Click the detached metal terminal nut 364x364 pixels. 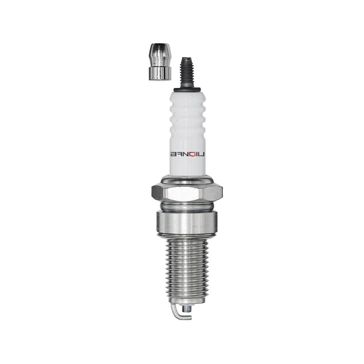(160, 62)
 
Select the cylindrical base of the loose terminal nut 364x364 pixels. (160, 73)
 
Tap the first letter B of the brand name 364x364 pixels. (175, 155)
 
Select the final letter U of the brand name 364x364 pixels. (202, 155)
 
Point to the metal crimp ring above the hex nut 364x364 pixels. (187, 180)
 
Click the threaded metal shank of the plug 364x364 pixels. (187, 267)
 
